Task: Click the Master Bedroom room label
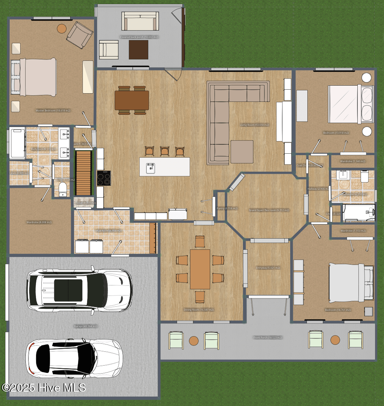[53, 110]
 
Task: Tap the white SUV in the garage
[80, 290]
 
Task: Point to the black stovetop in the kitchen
[104, 178]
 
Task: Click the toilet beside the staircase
[63, 189]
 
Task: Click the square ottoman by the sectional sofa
[242, 152]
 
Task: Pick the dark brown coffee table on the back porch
[139, 50]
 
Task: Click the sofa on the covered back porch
[140, 21]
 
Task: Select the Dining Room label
[199, 310]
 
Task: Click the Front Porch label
[267, 338]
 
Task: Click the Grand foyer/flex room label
[269, 210]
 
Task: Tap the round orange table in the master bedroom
[62, 28]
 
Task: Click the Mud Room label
[108, 231]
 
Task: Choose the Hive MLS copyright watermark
[44, 388]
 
